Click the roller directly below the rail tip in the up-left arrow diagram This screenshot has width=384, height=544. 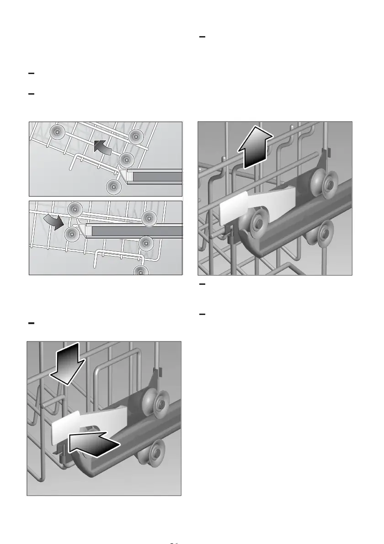[x=113, y=186]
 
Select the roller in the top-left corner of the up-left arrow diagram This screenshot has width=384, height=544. [x=57, y=131]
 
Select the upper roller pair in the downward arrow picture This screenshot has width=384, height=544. [x=155, y=403]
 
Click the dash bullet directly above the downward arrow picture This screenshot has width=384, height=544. [x=32, y=323]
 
